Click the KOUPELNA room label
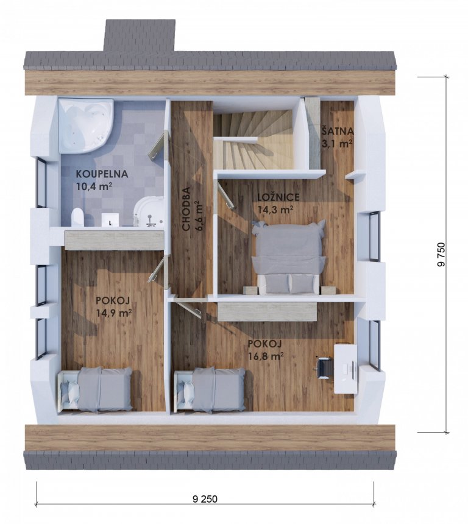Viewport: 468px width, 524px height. pyautogui.click(x=97, y=174)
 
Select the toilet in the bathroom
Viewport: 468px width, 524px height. pyautogui.click(x=77, y=218)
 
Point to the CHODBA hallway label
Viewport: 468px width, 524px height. pyautogui.click(x=186, y=208)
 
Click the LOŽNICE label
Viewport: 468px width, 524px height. pyautogui.click(x=278, y=197)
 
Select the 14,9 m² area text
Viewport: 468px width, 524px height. pyautogui.click(x=113, y=313)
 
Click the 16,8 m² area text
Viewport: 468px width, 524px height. pyautogui.click(x=266, y=356)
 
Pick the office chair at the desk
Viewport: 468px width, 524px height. pyautogui.click(x=323, y=367)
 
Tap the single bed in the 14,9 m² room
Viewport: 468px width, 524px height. pyautogui.click(x=96, y=389)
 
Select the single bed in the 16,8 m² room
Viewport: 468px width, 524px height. pyautogui.click(x=210, y=389)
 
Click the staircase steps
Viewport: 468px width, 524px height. pyautogui.click(x=254, y=140)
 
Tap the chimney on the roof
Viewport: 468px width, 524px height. pyautogui.click(x=140, y=36)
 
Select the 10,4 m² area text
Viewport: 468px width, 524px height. pyautogui.click(x=94, y=186)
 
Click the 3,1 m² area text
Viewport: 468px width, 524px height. pyautogui.click(x=337, y=144)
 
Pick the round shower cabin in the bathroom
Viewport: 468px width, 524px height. pyautogui.click(x=149, y=213)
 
